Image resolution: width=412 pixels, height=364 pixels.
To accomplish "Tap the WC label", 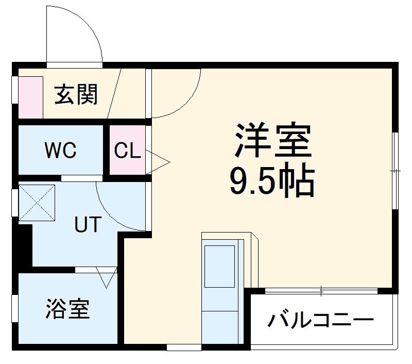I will click(x=60, y=151).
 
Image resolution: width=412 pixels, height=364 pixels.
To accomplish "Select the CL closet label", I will click(x=127, y=151).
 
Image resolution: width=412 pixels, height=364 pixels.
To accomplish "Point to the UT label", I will click(x=88, y=225).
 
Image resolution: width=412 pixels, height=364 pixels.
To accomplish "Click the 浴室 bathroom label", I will click(x=67, y=308).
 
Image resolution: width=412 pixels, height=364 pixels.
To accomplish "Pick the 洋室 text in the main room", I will click(x=273, y=140).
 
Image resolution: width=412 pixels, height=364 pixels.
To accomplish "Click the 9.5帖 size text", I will click(x=271, y=181).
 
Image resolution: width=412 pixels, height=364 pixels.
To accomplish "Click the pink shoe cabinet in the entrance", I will click(x=30, y=97).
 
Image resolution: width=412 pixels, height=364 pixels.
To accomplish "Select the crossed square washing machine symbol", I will click(x=37, y=202).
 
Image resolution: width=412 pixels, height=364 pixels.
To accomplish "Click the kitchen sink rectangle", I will click(x=219, y=266).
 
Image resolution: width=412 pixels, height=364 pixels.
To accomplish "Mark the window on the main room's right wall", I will click(x=396, y=171).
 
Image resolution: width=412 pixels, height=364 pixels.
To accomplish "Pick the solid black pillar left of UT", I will click(x=23, y=245).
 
